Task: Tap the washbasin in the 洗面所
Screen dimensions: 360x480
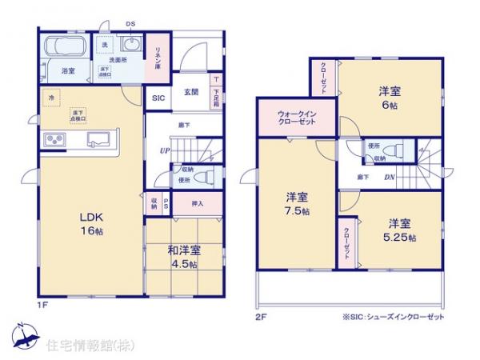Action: (x=131, y=46)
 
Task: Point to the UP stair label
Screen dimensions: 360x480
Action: (x=164, y=150)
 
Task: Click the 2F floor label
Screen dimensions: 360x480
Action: (x=259, y=317)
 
